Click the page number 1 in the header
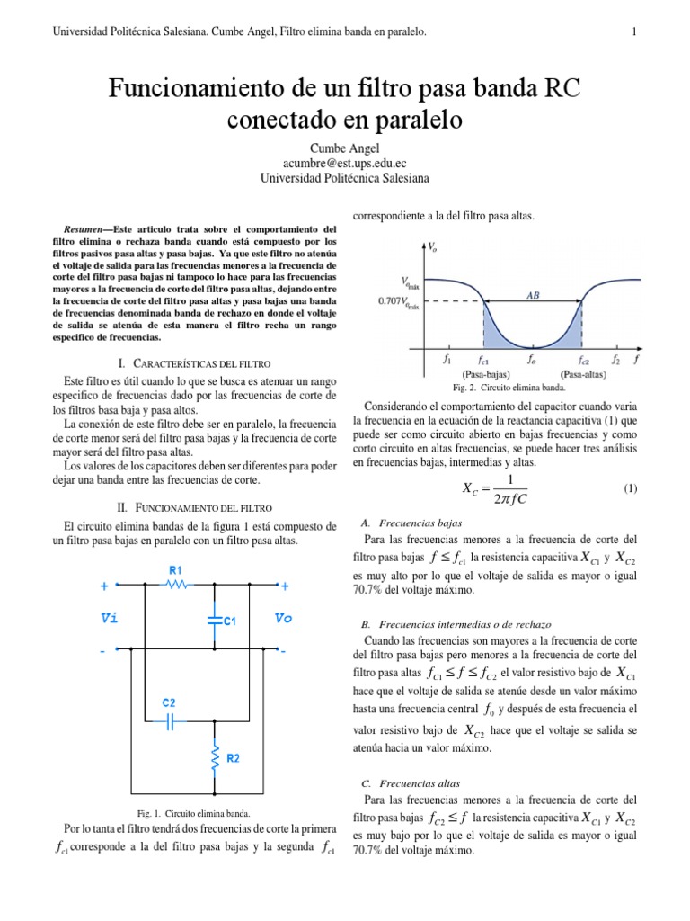634,33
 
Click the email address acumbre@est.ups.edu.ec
345,163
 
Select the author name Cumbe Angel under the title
345,147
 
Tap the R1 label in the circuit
175,569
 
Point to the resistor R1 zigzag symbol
176,585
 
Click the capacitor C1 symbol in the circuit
215,619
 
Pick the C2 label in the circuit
169,702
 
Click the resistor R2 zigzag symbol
215,757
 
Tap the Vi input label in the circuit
109,618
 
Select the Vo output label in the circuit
284,618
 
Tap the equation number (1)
629,488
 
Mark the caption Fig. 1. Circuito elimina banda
188,813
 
